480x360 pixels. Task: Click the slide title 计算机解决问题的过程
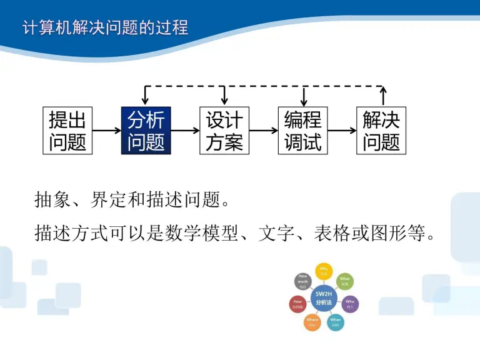pyautogui.click(x=105, y=28)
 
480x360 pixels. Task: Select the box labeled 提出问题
pyautogui.click(x=67, y=131)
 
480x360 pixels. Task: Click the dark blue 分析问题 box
pyautogui.click(x=146, y=131)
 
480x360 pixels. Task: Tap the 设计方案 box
pyautogui.click(x=224, y=131)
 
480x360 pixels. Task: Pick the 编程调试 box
pyautogui.click(x=302, y=131)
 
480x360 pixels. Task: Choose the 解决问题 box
pyautogui.click(x=381, y=131)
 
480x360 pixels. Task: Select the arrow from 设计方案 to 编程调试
pyautogui.click(x=263, y=131)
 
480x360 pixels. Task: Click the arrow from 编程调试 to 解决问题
pyautogui.click(x=342, y=131)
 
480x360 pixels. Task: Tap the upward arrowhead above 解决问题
pyautogui.click(x=383, y=92)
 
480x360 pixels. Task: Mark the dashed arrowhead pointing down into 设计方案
pyautogui.click(x=224, y=100)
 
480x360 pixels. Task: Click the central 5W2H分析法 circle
pyautogui.click(x=323, y=297)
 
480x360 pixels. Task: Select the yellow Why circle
pyautogui.click(x=323, y=271)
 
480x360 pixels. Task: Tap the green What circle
pyautogui.click(x=344, y=281)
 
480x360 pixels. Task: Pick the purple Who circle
pyautogui.click(x=351, y=304)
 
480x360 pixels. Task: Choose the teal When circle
pyautogui.click(x=336, y=322)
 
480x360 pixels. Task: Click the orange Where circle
pyautogui.click(x=312, y=322)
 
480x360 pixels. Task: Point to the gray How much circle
pyautogui.click(x=302, y=281)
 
